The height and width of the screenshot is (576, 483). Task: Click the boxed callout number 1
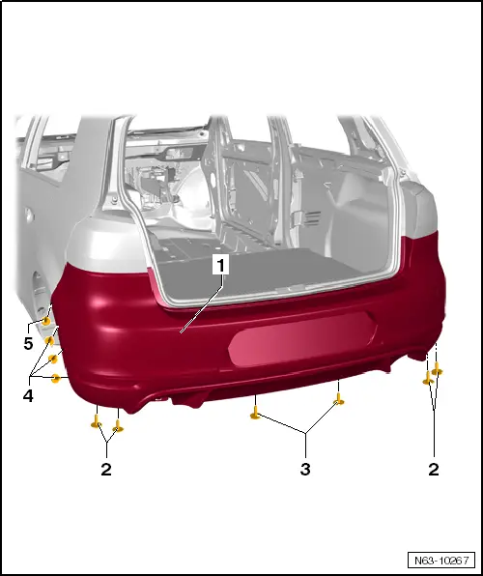click(223, 263)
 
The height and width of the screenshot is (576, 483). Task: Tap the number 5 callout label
click(28, 343)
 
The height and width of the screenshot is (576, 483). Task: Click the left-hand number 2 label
click(106, 470)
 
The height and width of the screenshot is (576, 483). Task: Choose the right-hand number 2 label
click(434, 470)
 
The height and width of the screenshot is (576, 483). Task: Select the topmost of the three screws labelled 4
click(50, 341)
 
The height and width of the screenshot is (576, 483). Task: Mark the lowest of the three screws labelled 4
click(56, 377)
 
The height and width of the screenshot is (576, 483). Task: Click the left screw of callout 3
click(255, 415)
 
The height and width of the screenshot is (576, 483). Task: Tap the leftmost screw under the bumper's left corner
click(97, 421)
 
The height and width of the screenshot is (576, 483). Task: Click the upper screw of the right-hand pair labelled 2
click(438, 369)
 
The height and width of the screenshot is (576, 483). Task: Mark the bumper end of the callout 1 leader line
click(183, 331)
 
